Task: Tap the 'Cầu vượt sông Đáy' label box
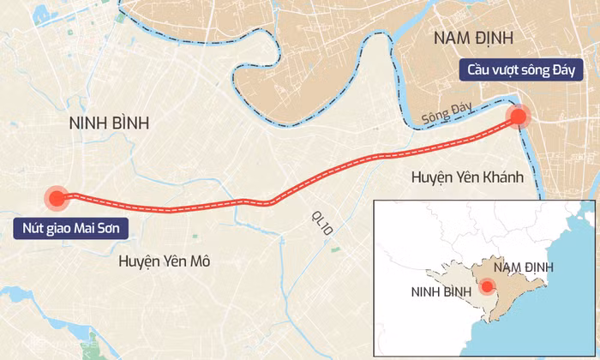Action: pos(522,69)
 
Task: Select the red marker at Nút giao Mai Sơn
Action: pos(57,198)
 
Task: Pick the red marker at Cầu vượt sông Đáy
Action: pos(519,117)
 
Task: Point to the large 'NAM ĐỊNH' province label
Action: pos(472,37)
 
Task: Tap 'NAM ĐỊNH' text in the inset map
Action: pos(523,267)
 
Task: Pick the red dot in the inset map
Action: pos(486,287)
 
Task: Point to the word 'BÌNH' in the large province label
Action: pos(129,123)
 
